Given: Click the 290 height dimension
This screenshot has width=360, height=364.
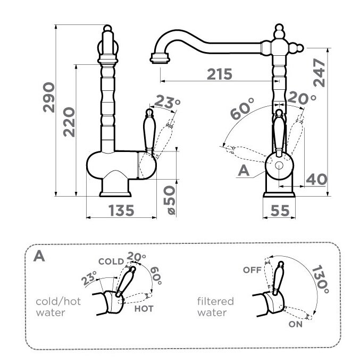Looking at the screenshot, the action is coord(49,97).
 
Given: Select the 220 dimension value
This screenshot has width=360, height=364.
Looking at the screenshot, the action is coord(69,122).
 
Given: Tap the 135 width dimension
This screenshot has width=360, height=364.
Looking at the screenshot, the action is coord(121,210).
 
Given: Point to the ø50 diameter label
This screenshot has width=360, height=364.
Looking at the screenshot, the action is coord(169,200).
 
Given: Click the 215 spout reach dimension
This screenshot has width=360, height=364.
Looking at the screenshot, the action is coord(220,74).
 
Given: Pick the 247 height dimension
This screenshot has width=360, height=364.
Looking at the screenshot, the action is coord(320,73).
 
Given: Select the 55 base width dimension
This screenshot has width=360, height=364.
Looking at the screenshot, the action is coord(280,210).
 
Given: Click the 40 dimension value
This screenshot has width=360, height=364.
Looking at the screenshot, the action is coord(316,179).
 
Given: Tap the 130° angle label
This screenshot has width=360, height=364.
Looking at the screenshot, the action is coord(320,280).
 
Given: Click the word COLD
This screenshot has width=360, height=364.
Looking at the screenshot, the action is coord(111,261).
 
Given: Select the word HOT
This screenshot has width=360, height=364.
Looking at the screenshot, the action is coord(144,309).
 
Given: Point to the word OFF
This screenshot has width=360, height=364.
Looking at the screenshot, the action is coord(252,270).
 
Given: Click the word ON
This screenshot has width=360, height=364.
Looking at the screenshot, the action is coord(296,324).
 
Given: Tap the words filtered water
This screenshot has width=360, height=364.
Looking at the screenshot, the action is coord(215,307).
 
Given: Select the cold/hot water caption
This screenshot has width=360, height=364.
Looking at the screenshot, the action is coord(58,307).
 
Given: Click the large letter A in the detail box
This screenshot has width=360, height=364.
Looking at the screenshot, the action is coord(39,256).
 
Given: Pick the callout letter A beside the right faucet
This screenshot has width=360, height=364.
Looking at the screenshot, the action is coord(244,171).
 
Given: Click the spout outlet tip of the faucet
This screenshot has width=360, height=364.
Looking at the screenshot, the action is coord(160,61).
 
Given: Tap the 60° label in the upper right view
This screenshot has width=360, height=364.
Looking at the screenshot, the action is coord(242,108).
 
